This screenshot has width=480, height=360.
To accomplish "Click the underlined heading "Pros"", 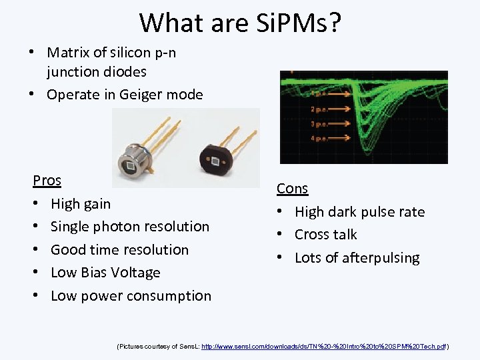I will point(47,181).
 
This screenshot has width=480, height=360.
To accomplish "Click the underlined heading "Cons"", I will point(292,189).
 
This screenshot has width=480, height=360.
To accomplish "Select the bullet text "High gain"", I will point(81,203).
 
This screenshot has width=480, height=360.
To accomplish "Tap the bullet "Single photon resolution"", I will point(130,227).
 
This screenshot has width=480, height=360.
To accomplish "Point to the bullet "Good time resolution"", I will point(119,250).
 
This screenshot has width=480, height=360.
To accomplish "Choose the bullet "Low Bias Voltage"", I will point(105,273).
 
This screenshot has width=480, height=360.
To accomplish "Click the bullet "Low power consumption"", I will point(131,296).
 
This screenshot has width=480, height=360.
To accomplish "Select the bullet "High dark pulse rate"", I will point(359,212).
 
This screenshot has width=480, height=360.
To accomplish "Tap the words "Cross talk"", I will point(325,235).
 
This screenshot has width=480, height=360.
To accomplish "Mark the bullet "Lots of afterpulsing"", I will point(357,258).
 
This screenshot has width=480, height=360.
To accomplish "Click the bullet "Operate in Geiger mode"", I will point(125,95).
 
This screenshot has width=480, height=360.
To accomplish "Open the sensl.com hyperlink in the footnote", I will point(323,347).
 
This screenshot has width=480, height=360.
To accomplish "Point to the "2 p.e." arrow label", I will point(319,109).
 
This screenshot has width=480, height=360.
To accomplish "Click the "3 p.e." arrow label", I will point(319,124).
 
